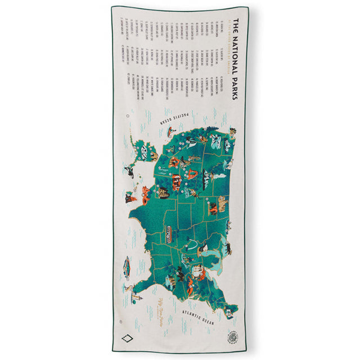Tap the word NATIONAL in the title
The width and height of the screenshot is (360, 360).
coord(235,53)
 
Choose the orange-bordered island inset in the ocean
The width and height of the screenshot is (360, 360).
coord(127,264)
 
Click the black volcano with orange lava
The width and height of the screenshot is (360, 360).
coord(130,197)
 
